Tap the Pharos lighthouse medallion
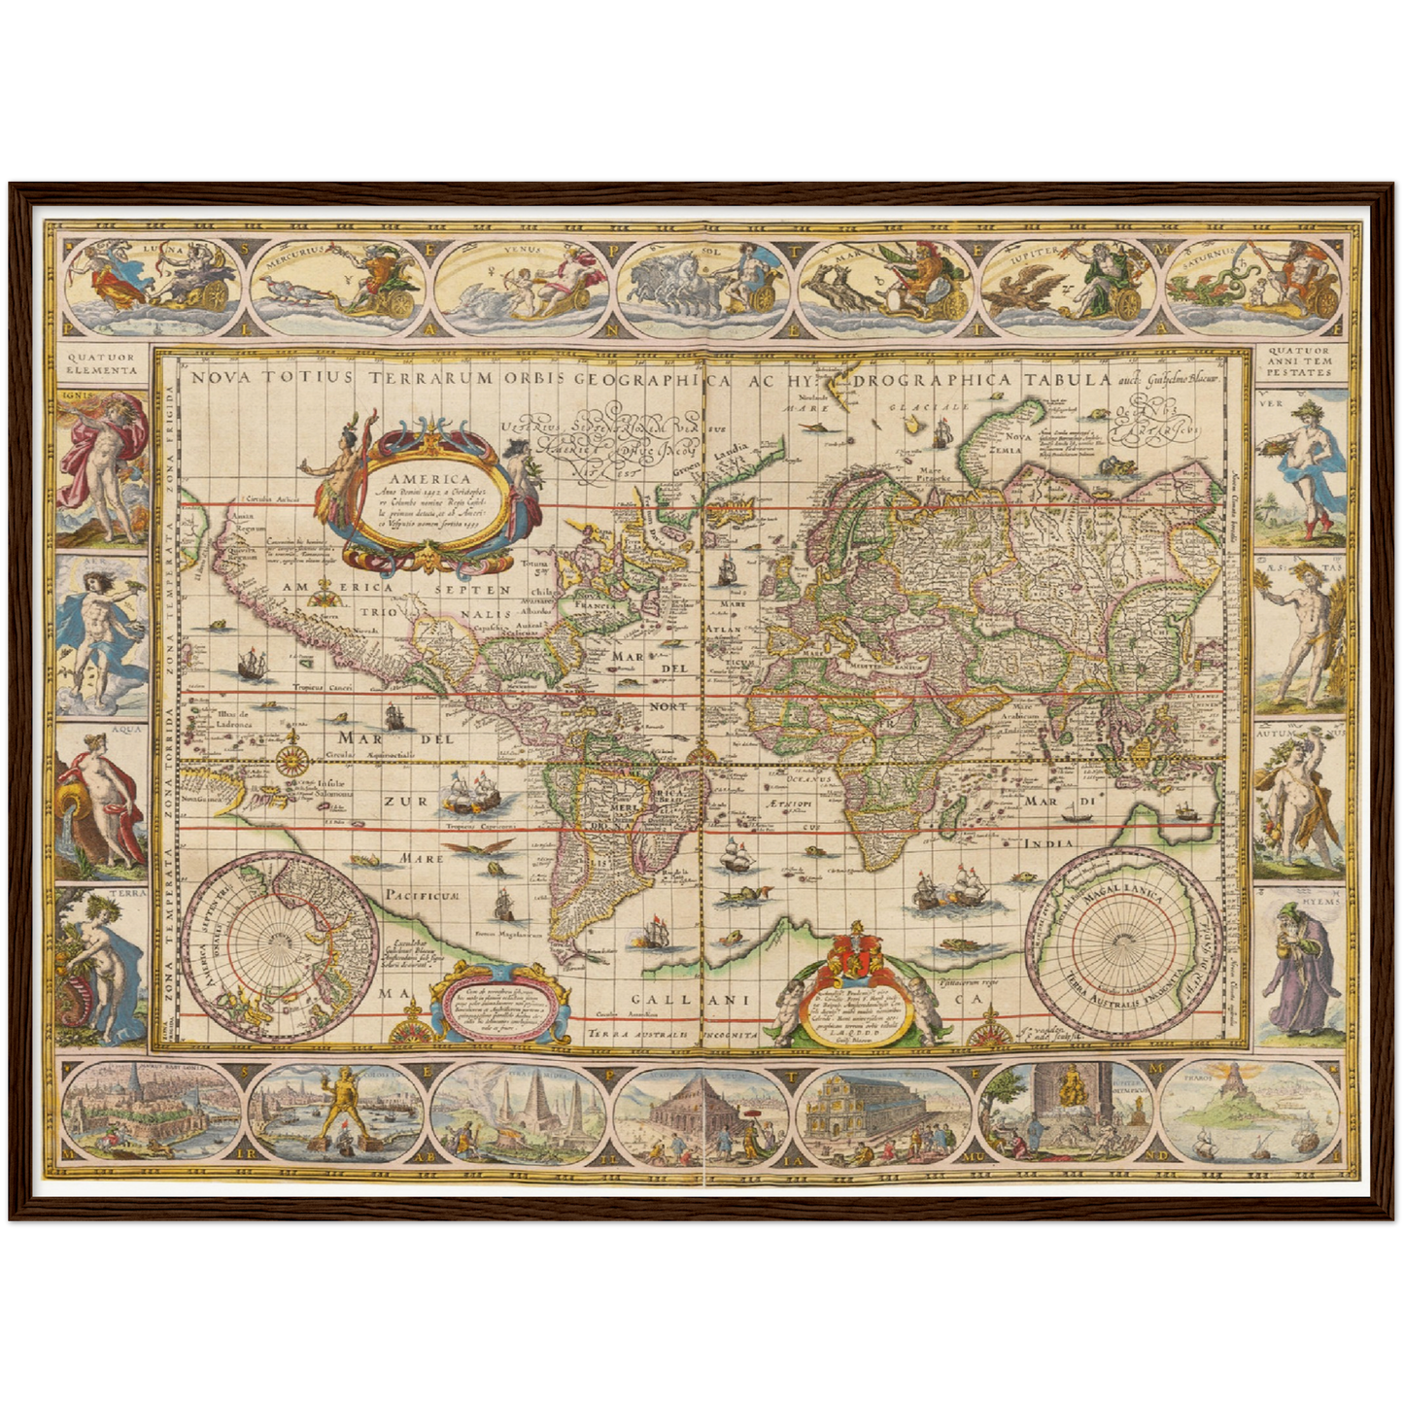click(1257, 1113)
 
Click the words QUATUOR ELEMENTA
click(101, 363)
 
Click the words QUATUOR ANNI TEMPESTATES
click(1302, 362)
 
